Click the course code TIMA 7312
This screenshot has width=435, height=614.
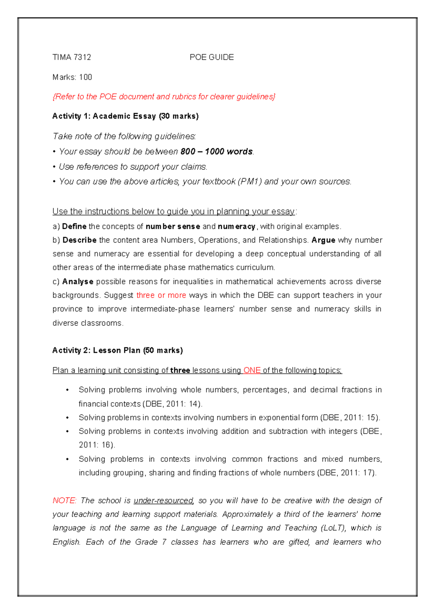coord(72,57)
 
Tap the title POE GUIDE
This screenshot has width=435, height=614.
coord(212,57)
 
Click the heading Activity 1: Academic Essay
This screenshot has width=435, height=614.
coord(125,116)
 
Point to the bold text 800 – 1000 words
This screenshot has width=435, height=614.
coord(216,152)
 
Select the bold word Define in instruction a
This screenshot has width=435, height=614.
coord(74,227)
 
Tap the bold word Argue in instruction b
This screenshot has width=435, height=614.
coord(323,240)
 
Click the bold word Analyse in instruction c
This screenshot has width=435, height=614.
coord(78,282)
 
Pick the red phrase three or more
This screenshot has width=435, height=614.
coord(161,295)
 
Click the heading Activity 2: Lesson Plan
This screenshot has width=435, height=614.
coord(117,350)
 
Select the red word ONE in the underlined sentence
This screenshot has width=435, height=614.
coord(252,370)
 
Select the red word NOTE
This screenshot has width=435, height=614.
coord(64,501)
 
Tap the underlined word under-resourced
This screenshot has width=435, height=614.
coord(163,501)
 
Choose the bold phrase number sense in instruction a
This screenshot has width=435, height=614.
coord(173,227)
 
